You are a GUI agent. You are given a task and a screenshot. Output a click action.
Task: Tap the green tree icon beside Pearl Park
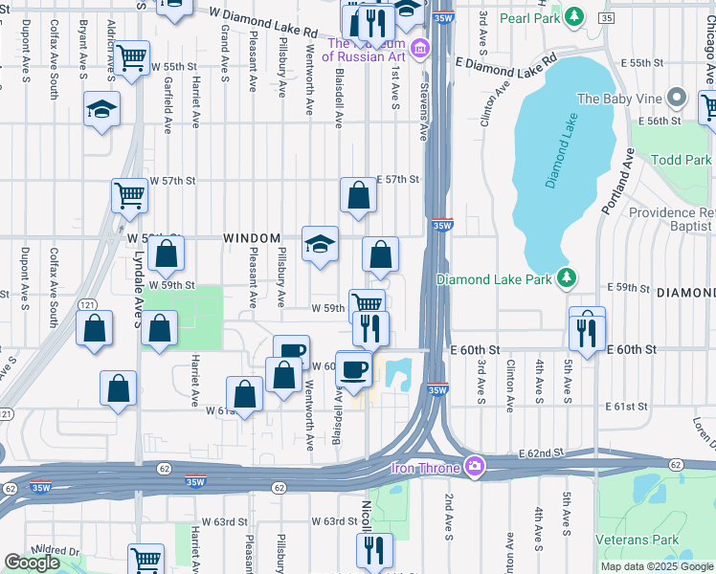point(573,16)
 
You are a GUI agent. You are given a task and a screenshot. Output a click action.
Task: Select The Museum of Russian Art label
point(366,50)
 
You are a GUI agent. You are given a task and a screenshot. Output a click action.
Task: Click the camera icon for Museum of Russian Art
point(418,49)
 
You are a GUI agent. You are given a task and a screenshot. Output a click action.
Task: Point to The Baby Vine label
point(618,98)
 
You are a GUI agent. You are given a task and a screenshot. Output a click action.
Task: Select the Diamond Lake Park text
point(494,279)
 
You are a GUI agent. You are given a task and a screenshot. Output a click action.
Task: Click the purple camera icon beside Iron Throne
point(474,466)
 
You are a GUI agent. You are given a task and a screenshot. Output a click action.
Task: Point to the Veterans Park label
point(643,539)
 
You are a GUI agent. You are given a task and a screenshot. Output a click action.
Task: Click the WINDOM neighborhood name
point(252,238)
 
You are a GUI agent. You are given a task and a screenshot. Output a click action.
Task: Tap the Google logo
point(32,563)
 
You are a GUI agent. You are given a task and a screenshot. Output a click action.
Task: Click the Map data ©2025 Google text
point(657,566)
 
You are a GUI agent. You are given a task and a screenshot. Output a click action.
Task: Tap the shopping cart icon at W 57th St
point(129,195)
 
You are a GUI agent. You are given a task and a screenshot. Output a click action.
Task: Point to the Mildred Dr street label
point(56,552)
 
